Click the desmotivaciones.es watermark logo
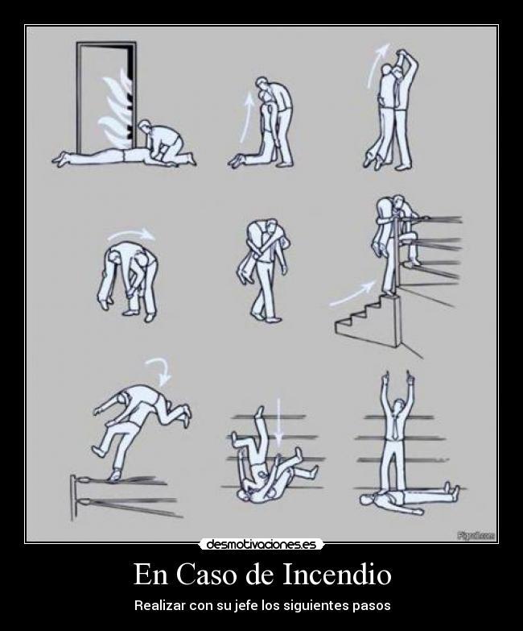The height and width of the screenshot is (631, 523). pos(261,545)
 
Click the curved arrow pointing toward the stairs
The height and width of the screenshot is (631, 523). pos(352,292)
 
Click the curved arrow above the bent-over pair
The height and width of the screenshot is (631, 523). pos(133,234)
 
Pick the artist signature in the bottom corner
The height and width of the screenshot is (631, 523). pos(476,535)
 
